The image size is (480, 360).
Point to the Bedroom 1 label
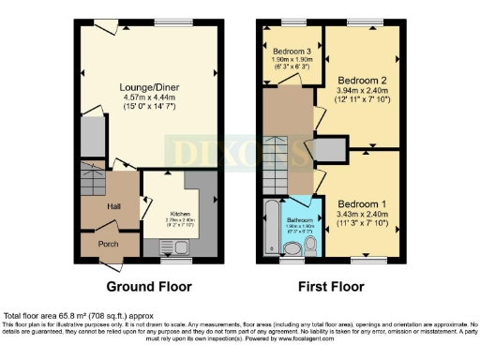(x=361, y=204)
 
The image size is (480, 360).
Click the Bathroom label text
(x=301, y=219)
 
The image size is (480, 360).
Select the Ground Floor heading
(x=149, y=286)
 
